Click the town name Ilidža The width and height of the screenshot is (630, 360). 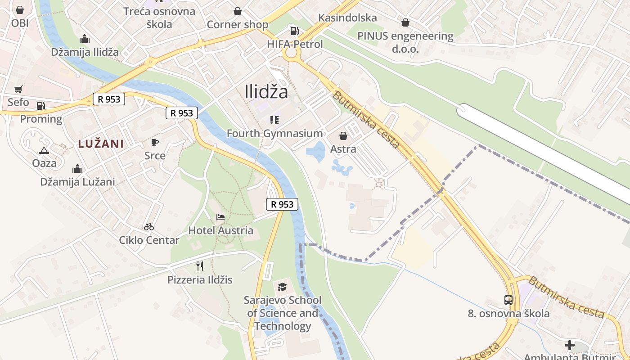click(x=266, y=92)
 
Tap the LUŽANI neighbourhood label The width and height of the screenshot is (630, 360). click(x=101, y=144)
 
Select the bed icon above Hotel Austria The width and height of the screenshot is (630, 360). click(x=220, y=217)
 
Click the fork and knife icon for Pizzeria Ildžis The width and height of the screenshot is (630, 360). click(x=200, y=266)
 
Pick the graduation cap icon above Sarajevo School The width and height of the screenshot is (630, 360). click(x=282, y=287)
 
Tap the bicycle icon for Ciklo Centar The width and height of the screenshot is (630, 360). click(x=149, y=227)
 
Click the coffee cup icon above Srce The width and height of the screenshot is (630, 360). click(x=155, y=143)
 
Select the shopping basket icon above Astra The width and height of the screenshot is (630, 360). click(x=343, y=136)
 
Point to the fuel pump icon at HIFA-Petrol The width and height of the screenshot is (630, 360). click(x=295, y=31)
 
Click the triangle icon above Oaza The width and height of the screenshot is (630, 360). click(x=44, y=150)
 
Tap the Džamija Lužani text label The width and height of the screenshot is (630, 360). click(x=77, y=182)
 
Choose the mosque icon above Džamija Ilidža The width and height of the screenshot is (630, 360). click(x=84, y=39)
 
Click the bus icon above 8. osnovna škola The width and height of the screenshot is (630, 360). click(x=508, y=300)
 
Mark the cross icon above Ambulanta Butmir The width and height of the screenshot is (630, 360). click(x=570, y=345)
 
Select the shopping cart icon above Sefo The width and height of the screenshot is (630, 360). click(x=18, y=89)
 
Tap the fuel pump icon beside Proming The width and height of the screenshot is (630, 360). click(x=40, y=106)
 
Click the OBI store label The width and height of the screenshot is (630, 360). click(x=20, y=22)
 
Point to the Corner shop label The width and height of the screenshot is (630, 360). click(x=238, y=25)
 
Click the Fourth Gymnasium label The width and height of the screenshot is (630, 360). click(x=274, y=133)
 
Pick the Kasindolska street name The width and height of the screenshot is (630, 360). click(x=347, y=18)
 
